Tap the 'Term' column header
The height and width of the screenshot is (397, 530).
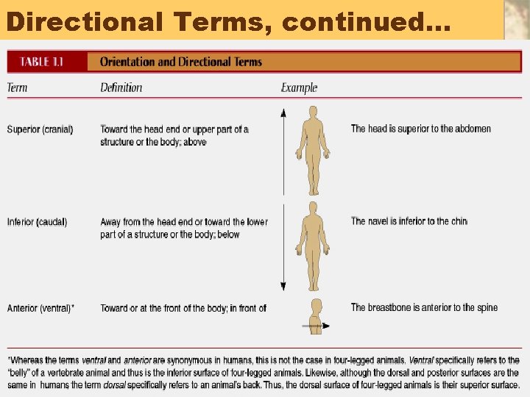tap(17, 87)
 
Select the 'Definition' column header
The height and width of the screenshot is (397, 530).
tap(121, 87)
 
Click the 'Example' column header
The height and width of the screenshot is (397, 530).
tap(299, 87)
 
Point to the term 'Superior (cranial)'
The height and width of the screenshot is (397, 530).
tap(40, 129)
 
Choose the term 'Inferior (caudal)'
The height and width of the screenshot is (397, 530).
tap(37, 221)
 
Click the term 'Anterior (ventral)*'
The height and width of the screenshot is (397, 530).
tap(40, 308)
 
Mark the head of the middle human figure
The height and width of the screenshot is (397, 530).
tap(313, 207)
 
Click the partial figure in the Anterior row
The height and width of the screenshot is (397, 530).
tap(315, 316)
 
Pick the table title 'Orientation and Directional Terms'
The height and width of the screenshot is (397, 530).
tap(180, 62)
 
